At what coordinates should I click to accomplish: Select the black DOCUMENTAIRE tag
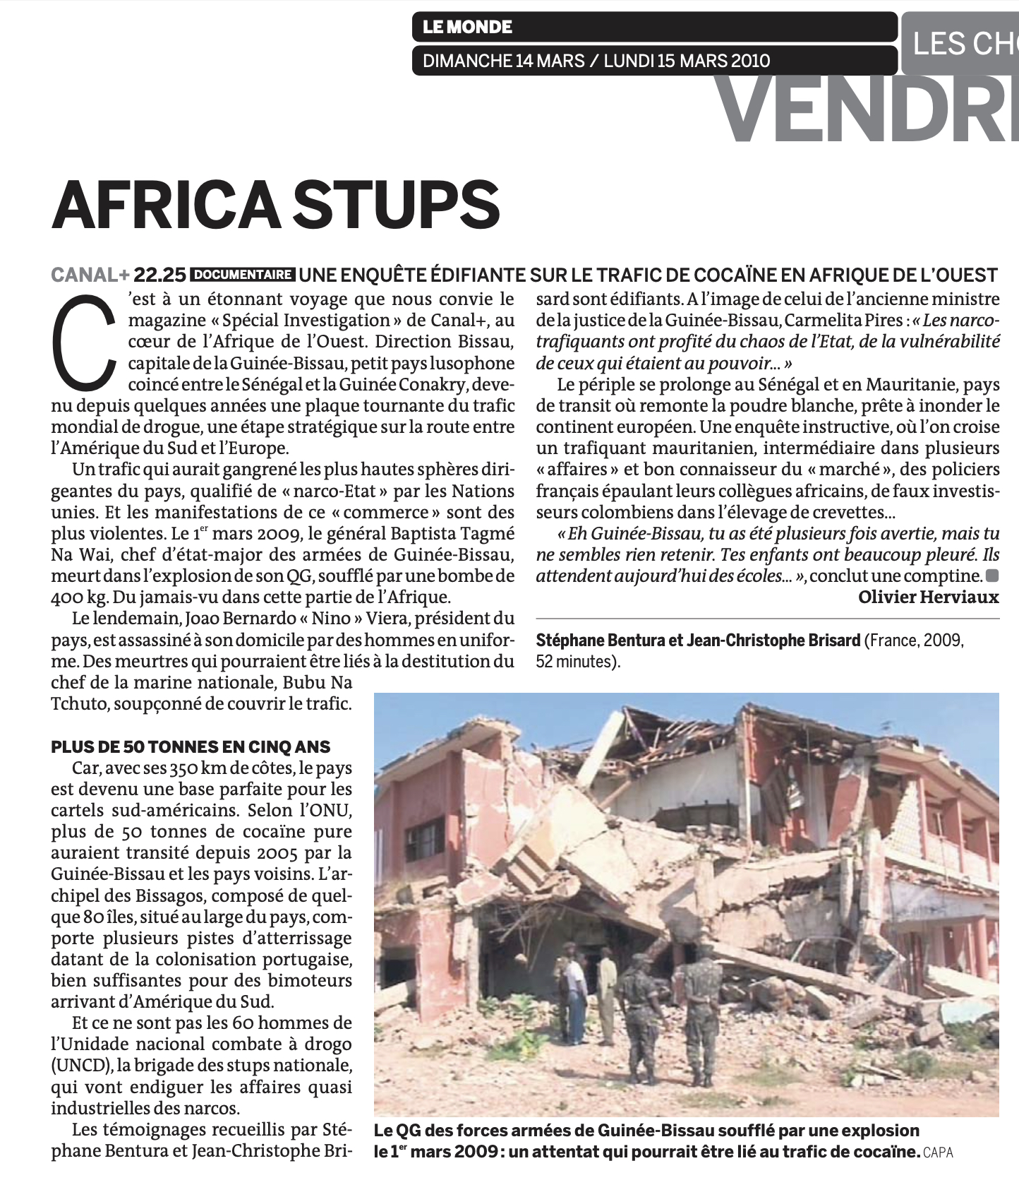click(243, 275)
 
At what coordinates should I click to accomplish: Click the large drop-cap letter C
click(85, 340)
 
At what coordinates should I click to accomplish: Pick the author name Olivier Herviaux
click(928, 597)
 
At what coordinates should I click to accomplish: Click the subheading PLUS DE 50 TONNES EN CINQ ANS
click(191, 747)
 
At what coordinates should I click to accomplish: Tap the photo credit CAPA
click(938, 1153)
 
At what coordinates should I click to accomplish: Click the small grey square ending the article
click(992, 574)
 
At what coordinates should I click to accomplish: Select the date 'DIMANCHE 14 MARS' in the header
click(503, 61)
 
